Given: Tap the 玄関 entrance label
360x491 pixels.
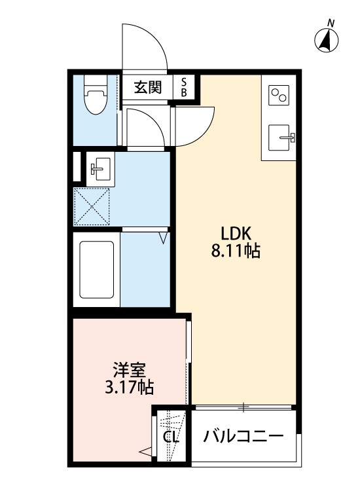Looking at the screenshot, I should pos(148,88).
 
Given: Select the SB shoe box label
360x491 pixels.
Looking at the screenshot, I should pos(184,88).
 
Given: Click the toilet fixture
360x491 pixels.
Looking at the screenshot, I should pos(96,95).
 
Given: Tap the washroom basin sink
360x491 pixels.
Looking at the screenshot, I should pos(100,168).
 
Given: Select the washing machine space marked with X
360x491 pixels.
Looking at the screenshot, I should pos(93,206).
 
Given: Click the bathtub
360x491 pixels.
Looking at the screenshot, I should pos(96,269).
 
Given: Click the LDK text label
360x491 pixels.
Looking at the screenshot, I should pos(236,232).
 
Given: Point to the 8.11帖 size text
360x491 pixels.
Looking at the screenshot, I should pos(236,251).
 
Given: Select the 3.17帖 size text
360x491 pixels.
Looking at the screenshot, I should pos(129,388).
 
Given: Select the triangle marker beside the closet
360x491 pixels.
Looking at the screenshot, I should pos(145,450).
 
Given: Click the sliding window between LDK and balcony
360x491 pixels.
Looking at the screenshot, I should pos(243,408).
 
